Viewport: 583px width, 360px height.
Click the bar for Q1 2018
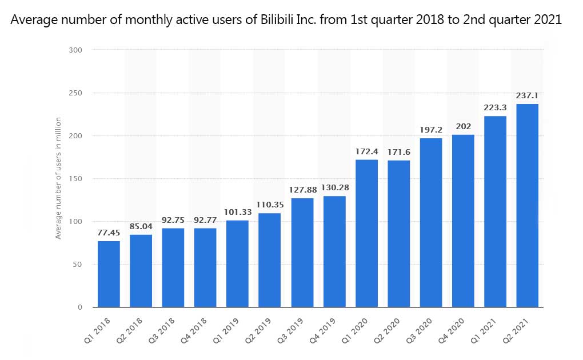pos(109,274)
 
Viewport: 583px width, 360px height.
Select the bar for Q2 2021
pos(527,206)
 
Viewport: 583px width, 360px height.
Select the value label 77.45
pos(109,233)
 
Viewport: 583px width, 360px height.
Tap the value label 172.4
pos(366,152)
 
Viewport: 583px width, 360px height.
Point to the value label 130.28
pos(334,188)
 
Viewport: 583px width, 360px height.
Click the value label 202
pos(463,127)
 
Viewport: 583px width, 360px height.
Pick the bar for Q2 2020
pos(398,234)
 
